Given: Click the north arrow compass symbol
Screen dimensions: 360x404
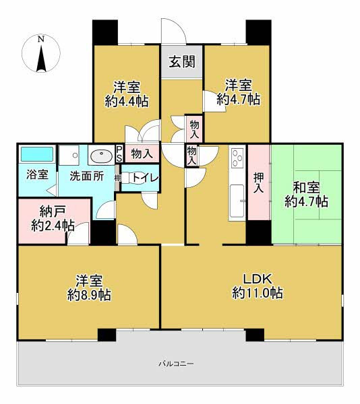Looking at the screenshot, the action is (41, 54).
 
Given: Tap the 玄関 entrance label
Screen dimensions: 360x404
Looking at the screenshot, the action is (182, 62).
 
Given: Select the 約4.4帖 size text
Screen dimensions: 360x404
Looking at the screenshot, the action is (127, 101).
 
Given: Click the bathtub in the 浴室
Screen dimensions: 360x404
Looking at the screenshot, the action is (36, 154).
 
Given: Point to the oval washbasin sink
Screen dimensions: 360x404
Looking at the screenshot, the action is (102, 156).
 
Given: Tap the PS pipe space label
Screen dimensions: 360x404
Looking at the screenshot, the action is (119, 154).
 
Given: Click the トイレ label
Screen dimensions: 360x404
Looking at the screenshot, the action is (145, 178).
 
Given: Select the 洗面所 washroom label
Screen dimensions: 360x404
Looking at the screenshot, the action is (87, 176).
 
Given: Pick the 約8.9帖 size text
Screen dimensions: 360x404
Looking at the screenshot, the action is (89, 295).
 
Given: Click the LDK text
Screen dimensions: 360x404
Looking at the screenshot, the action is (258, 279).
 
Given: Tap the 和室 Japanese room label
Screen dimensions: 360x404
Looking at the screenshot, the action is (306, 188).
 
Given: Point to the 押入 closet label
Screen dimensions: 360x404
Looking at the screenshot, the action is (258, 182).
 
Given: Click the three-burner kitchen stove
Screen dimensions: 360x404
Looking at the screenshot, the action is (237, 158).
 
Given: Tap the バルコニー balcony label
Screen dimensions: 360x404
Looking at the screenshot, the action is (176, 364).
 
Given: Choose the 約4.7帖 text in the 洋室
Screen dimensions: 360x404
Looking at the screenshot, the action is (239, 99).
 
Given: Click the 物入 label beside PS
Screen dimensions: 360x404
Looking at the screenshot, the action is (142, 154).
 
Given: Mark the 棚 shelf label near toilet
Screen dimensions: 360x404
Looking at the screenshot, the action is (117, 178).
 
